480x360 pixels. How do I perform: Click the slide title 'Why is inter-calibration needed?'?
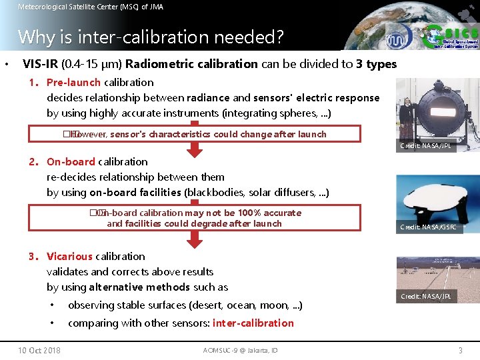(x=151, y=37)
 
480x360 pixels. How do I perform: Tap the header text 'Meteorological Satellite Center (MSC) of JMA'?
(x=90, y=7)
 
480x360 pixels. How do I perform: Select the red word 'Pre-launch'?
(x=73, y=83)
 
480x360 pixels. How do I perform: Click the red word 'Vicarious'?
(x=69, y=257)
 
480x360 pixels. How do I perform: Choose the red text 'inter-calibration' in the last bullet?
(x=253, y=323)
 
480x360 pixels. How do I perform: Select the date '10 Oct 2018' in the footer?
(x=39, y=350)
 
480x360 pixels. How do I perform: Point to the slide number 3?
(x=460, y=350)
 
